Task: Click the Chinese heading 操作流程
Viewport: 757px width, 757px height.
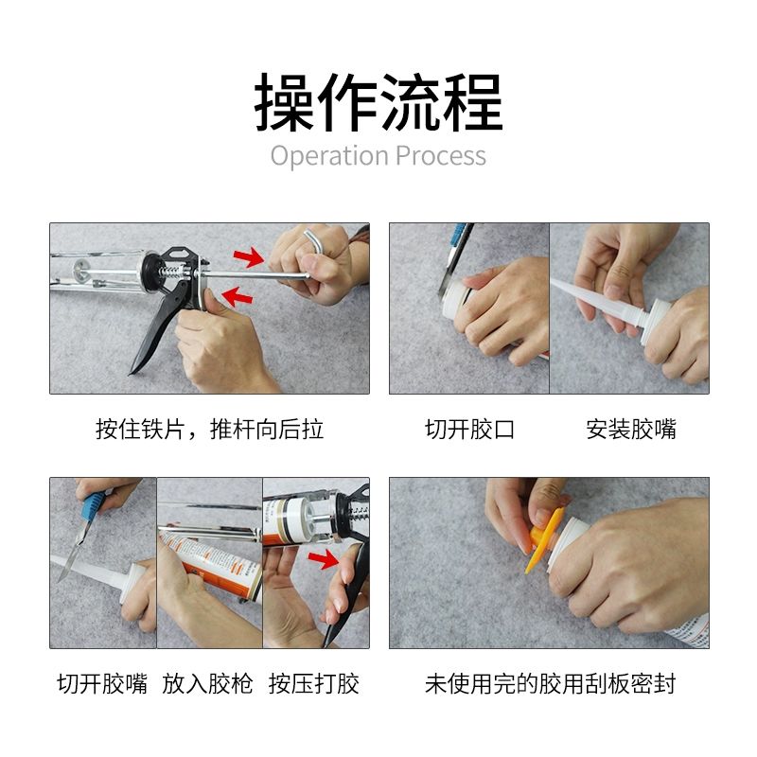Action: [x=378, y=102]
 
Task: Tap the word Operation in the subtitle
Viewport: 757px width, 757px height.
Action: [x=329, y=156]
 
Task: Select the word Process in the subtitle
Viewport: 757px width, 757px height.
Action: [x=441, y=156]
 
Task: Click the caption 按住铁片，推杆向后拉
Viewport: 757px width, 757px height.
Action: [x=209, y=429]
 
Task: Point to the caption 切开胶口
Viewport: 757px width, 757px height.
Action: [x=469, y=429]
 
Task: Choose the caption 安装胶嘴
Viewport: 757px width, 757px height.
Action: [x=631, y=429]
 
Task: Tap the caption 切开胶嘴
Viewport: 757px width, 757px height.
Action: [x=102, y=683]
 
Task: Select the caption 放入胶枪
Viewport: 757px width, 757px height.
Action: [x=207, y=683]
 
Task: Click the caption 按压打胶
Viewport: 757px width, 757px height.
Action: [x=314, y=683]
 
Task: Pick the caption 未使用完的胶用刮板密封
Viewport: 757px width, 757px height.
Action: [x=551, y=683]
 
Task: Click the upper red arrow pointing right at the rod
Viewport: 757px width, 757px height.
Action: [x=249, y=257]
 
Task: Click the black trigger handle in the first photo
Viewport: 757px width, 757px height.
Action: [x=159, y=328]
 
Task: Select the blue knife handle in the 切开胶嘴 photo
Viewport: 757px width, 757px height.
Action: [x=93, y=506]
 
